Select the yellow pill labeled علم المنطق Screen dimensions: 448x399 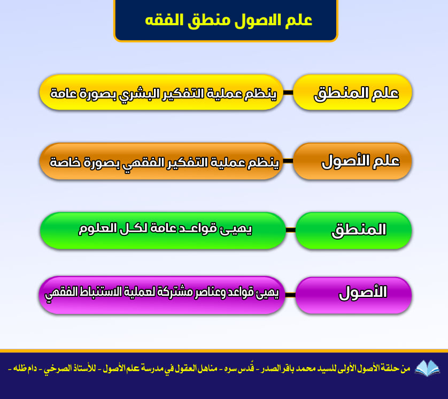point(352,93)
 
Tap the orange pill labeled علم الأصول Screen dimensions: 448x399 point(352,161)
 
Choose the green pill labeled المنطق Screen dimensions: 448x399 point(353,231)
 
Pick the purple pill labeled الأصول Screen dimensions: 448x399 point(353,295)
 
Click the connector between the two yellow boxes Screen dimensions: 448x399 point(288,93)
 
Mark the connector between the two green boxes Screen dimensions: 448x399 point(291,230)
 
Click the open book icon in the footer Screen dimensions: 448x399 point(427,368)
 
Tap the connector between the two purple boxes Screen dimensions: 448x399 point(290,295)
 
